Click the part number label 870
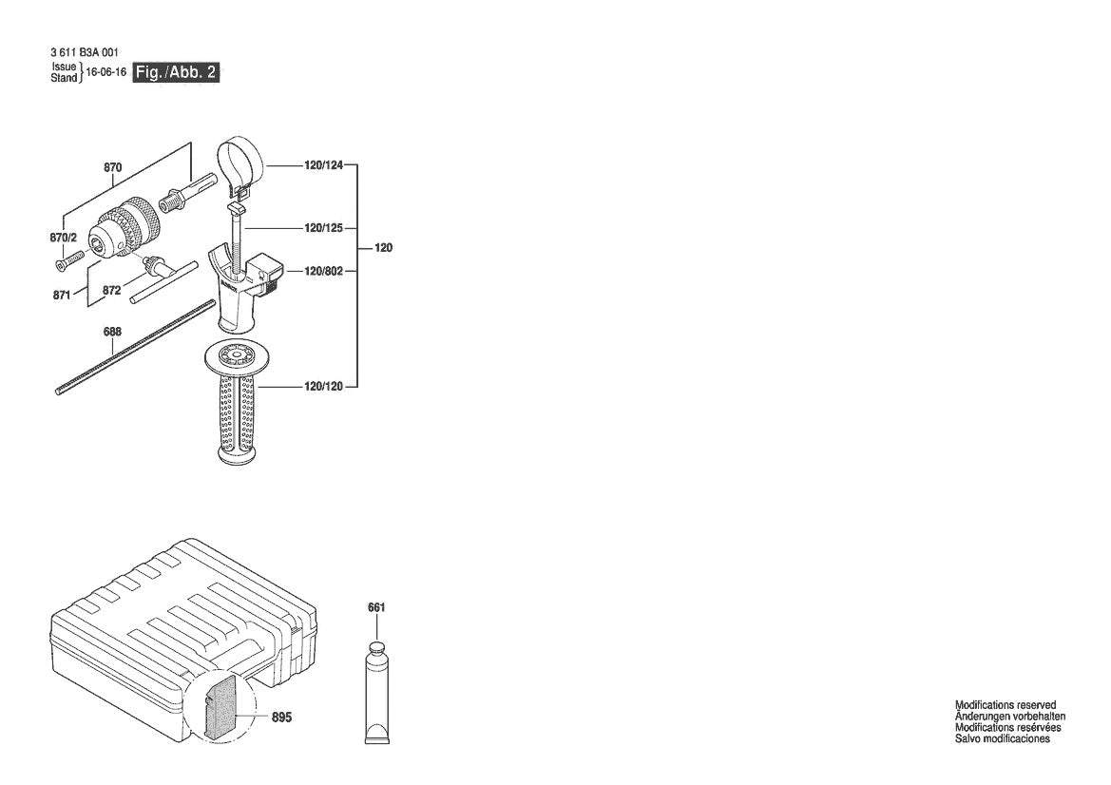tap(113, 167)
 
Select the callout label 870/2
tap(63, 238)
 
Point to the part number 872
tap(112, 290)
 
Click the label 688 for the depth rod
tap(112, 333)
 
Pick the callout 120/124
tap(323, 164)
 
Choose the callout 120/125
tap(323, 228)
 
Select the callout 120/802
tap(323, 271)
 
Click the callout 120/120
tap(323, 386)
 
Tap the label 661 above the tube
tap(377, 607)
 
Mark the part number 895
tap(282, 718)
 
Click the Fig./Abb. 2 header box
tap(177, 72)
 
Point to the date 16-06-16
tap(106, 72)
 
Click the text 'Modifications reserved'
tap(1005, 705)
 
